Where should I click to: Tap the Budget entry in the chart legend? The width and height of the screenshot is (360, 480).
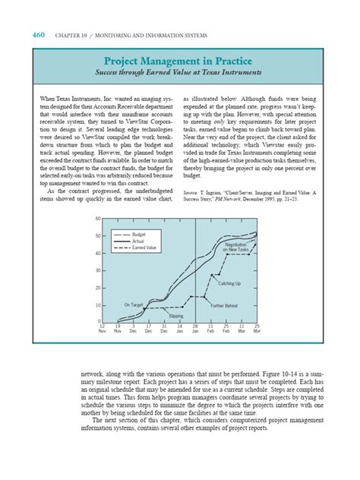point(139,235)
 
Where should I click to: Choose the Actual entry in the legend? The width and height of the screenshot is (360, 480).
point(138,242)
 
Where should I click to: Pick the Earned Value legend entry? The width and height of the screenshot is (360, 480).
point(144,248)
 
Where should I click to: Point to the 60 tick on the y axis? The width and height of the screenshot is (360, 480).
point(98,219)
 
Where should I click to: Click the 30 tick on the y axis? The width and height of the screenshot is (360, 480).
point(98,270)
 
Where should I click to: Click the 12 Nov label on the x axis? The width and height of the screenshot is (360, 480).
point(103,329)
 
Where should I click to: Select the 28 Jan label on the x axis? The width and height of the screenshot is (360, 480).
point(195,329)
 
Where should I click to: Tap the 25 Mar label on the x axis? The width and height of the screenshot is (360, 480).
point(257,329)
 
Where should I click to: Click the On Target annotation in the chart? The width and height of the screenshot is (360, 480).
point(134,305)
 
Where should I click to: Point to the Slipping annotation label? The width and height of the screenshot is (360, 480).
point(175,314)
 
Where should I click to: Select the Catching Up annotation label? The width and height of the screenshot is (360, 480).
point(229,283)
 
